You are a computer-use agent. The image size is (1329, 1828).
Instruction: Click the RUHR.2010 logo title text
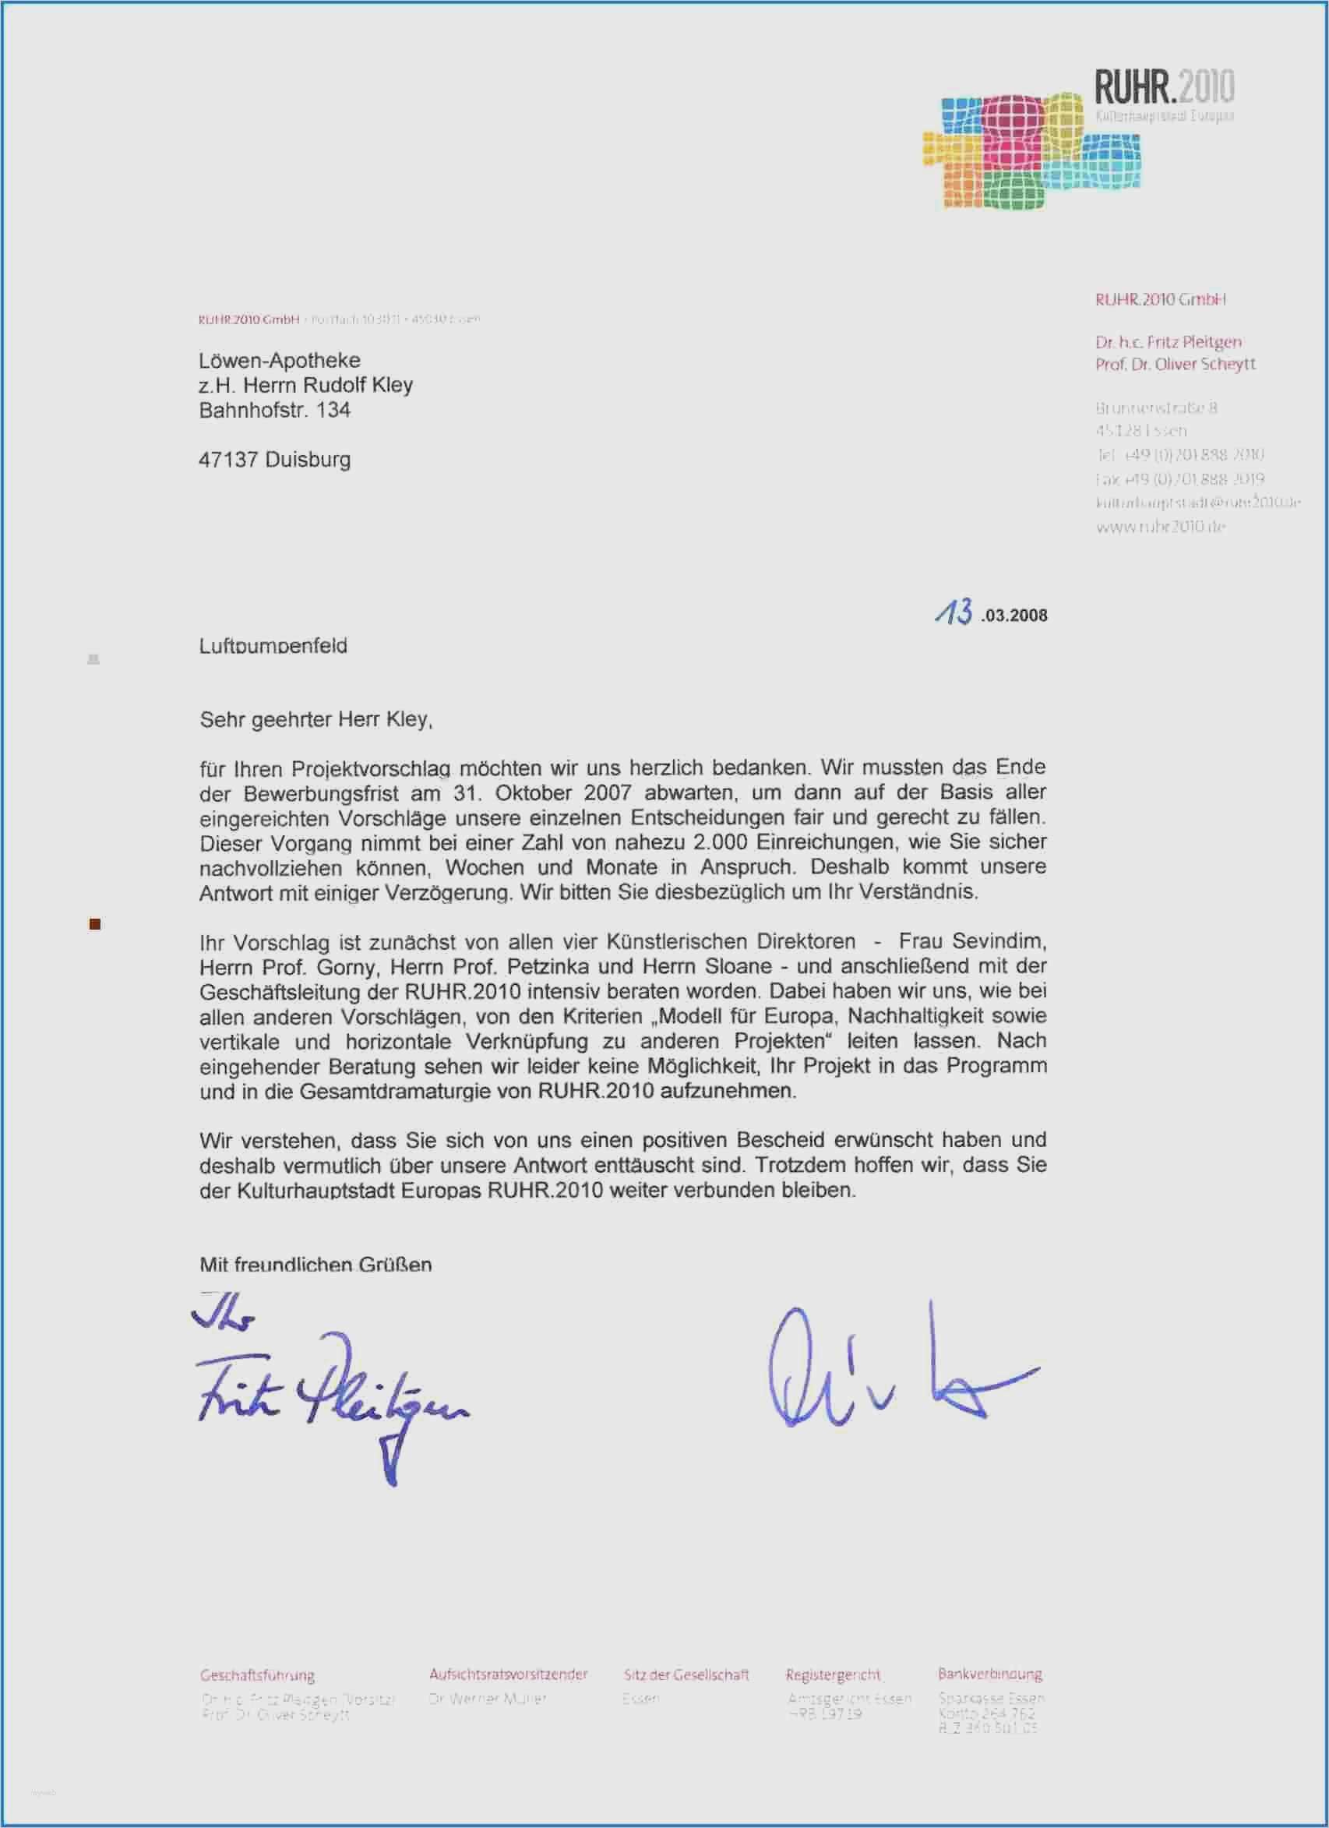pyautogui.click(x=1163, y=87)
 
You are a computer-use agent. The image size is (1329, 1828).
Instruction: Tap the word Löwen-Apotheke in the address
pyautogui.click(x=279, y=360)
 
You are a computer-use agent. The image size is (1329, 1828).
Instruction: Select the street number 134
pyautogui.click(x=333, y=411)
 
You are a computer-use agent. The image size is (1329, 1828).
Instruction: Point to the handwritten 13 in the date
pyautogui.click(x=954, y=612)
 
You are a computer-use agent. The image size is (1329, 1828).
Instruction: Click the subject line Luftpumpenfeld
pyautogui.click(x=273, y=646)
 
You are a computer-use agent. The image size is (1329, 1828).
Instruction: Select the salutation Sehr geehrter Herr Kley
pyautogui.click(x=316, y=719)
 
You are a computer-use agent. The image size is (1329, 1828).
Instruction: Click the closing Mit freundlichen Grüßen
pyautogui.click(x=316, y=1264)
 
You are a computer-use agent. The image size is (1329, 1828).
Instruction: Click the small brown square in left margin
pyautogui.click(x=94, y=924)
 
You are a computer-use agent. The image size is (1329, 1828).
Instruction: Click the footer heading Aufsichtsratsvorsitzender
pyautogui.click(x=508, y=1674)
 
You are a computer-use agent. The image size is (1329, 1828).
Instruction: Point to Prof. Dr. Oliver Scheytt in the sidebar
pyautogui.click(x=1174, y=365)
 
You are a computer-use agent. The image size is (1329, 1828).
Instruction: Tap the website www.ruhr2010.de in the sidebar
pyautogui.click(x=1160, y=527)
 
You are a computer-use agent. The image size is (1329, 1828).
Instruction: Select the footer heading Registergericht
pyautogui.click(x=833, y=1674)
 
